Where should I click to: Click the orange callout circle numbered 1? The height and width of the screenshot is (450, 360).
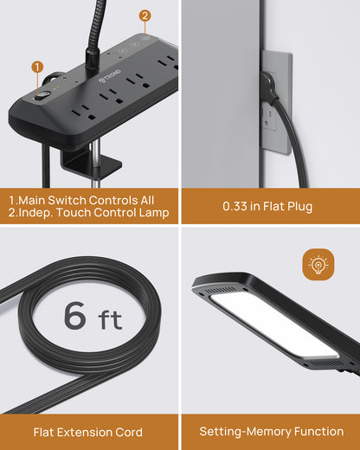click(x=37, y=67)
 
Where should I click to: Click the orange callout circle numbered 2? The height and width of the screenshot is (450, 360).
click(x=145, y=16)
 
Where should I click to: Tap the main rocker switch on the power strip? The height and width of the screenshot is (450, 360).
click(x=42, y=96)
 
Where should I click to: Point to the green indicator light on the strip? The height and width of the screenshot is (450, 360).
click(x=58, y=87)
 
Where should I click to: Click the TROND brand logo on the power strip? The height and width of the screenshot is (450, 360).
click(x=110, y=75)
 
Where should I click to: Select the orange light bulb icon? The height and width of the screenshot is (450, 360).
click(x=318, y=264)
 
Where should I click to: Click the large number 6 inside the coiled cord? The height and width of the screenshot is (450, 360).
click(x=75, y=315)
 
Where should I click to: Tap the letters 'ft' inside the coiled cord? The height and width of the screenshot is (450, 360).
click(x=110, y=319)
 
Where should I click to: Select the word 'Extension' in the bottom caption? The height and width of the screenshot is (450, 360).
click(x=84, y=432)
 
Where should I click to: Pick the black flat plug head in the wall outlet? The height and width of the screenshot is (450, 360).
click(x=269, y=87)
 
